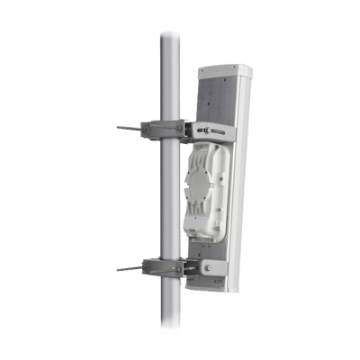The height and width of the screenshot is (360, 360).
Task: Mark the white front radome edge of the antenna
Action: tap(241, 180)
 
